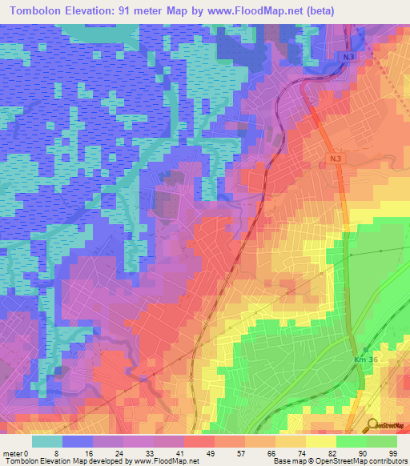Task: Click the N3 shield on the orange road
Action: [x=334, y=159]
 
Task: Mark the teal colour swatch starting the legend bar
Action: [x=46, y=441]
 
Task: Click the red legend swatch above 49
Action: [x=199, y=441]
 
